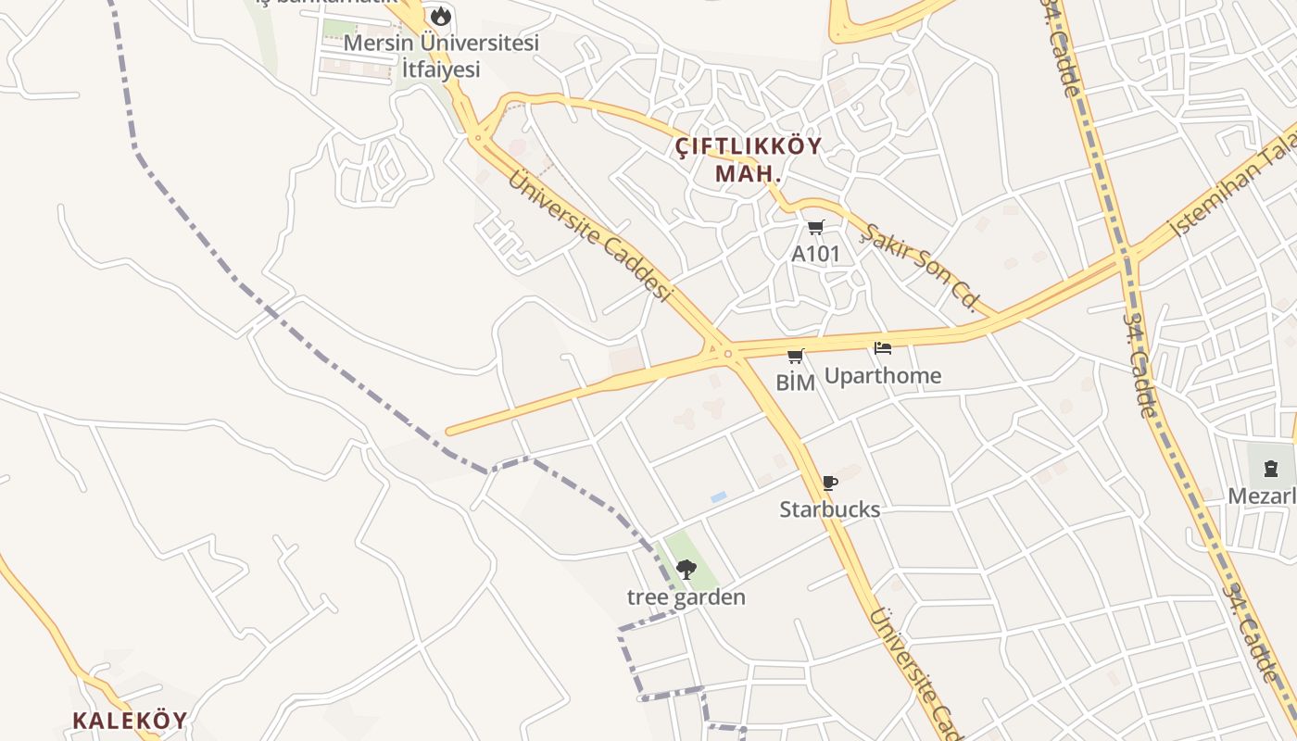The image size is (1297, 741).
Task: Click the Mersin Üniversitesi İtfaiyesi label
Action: pos(441,56)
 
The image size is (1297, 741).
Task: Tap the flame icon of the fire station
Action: pos(441,16)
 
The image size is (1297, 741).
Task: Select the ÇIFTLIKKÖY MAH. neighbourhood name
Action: pos(749,159)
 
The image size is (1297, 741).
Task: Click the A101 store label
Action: pos(815,253)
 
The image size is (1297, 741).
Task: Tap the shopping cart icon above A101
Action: pos(815,227)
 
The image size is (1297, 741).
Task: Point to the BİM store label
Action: pos(796,382)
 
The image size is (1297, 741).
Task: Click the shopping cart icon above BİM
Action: pos(796,356)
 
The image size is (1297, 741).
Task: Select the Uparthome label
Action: pos(883,375)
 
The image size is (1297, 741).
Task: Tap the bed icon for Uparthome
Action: pos(883,349)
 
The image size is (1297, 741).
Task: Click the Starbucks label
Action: pos(830,509)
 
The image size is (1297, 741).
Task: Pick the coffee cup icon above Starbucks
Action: pos(829,483)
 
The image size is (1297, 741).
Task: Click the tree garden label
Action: pos(686,597)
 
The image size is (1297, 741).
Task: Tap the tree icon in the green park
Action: pos(686,569)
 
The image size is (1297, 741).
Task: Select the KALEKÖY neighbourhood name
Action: pos(130,720)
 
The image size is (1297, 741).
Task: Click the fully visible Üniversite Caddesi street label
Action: pos(587,235)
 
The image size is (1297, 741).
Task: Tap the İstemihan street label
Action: pos(1233,194)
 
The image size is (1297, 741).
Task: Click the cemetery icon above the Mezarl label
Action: pos(1271,469)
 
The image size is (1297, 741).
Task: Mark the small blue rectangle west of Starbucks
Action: pos(719,497)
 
